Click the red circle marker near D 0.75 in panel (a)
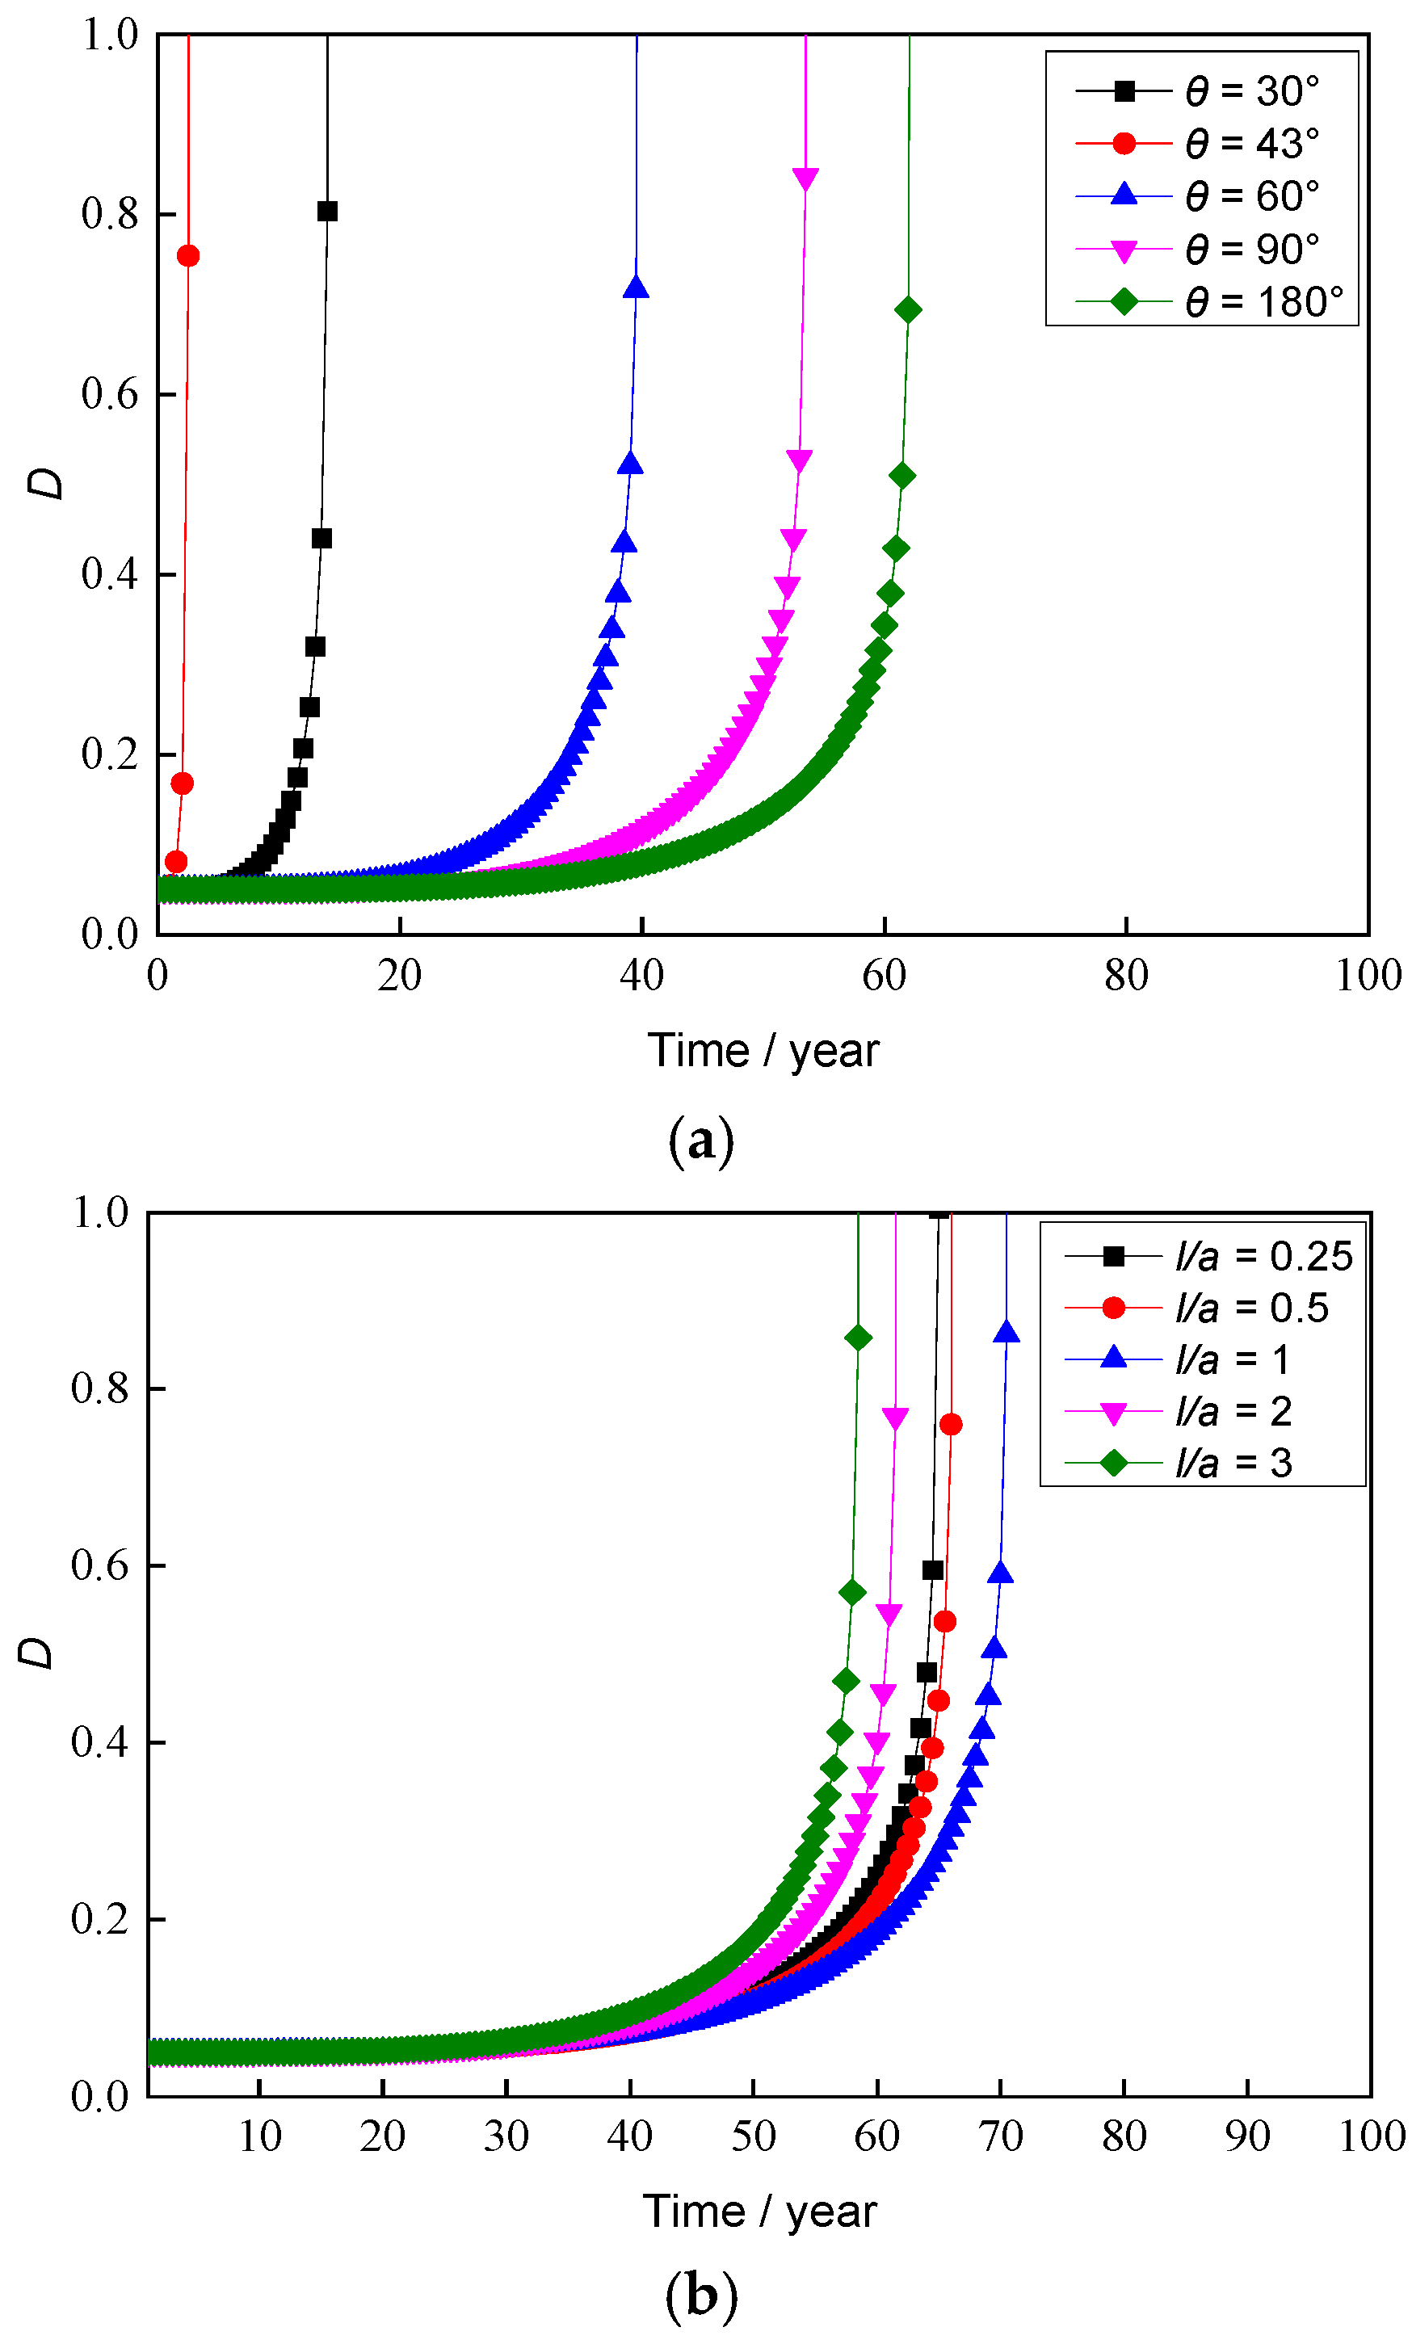pyautogui.click(x=188, y=256)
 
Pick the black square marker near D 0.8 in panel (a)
pyautogui.click(x=327, y=211)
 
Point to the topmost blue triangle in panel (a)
pyautogui.click(x=636, y=288)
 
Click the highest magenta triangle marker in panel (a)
pyautogui.click(x=805, y=178)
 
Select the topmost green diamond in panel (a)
pyautogui.click(x=908, y=310)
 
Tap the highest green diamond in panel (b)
pyautogui.click(x=857, y=1338)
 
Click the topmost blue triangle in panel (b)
pyautogui.click(x=1006, y=1333)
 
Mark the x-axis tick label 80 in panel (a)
pyautogui.click(x=1125, y=976)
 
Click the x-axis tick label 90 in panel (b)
pyautogui.click(x=1246, y=2137)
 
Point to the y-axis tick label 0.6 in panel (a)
pyautogui.click(x=109, y=394)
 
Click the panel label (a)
pyautogui.click(x=701, y=1140)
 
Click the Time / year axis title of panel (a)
pyautogui.click(x=763, y=1051)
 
